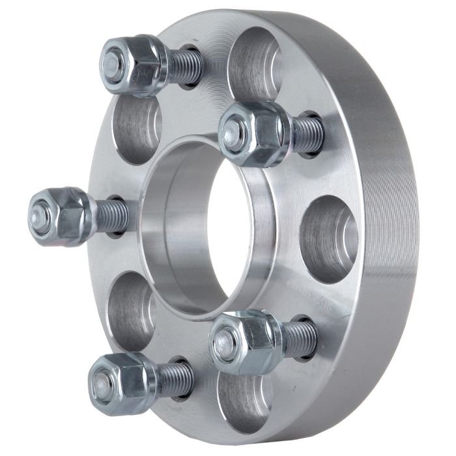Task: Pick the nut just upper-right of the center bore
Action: (x=254, y=134)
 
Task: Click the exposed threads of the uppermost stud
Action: (x=185, y=67)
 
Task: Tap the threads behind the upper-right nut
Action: (x=306, y=134)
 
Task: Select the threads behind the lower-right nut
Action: (x=300, y=339)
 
